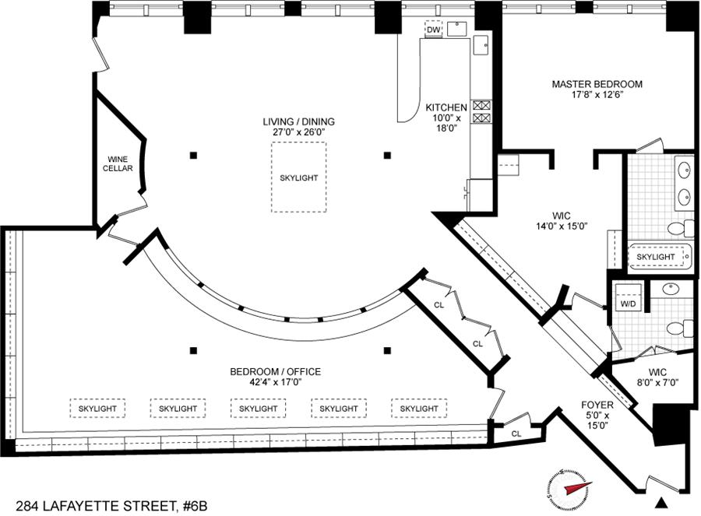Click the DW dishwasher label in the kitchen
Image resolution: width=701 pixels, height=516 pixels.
coord(433,30)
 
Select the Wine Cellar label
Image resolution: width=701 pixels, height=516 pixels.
coord(118,163)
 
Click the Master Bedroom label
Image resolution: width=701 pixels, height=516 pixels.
coord(597,84)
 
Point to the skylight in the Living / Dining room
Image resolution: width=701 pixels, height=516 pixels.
coord(298,177)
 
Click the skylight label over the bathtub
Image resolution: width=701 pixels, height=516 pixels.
coord(655,257)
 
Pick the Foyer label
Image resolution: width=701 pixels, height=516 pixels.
coord(597,405)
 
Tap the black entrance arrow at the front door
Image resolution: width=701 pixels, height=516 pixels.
coord(661,503)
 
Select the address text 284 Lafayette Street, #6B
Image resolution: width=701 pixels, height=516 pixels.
coord(111,506)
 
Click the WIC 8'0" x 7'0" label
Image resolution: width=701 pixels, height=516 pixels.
coord(657,377)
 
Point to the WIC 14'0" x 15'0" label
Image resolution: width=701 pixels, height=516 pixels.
coord(562,221)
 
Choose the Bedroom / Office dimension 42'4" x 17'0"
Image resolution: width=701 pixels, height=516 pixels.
coord(276,382)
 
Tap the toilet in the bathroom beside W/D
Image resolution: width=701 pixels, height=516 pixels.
coord(679,328)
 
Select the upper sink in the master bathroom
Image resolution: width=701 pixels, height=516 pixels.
coord(684,170)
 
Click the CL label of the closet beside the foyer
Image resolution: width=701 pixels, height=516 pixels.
coord(516,434)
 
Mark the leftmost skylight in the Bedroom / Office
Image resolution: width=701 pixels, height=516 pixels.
coord(97,409)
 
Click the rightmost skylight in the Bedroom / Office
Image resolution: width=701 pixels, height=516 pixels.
coord(419,409)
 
